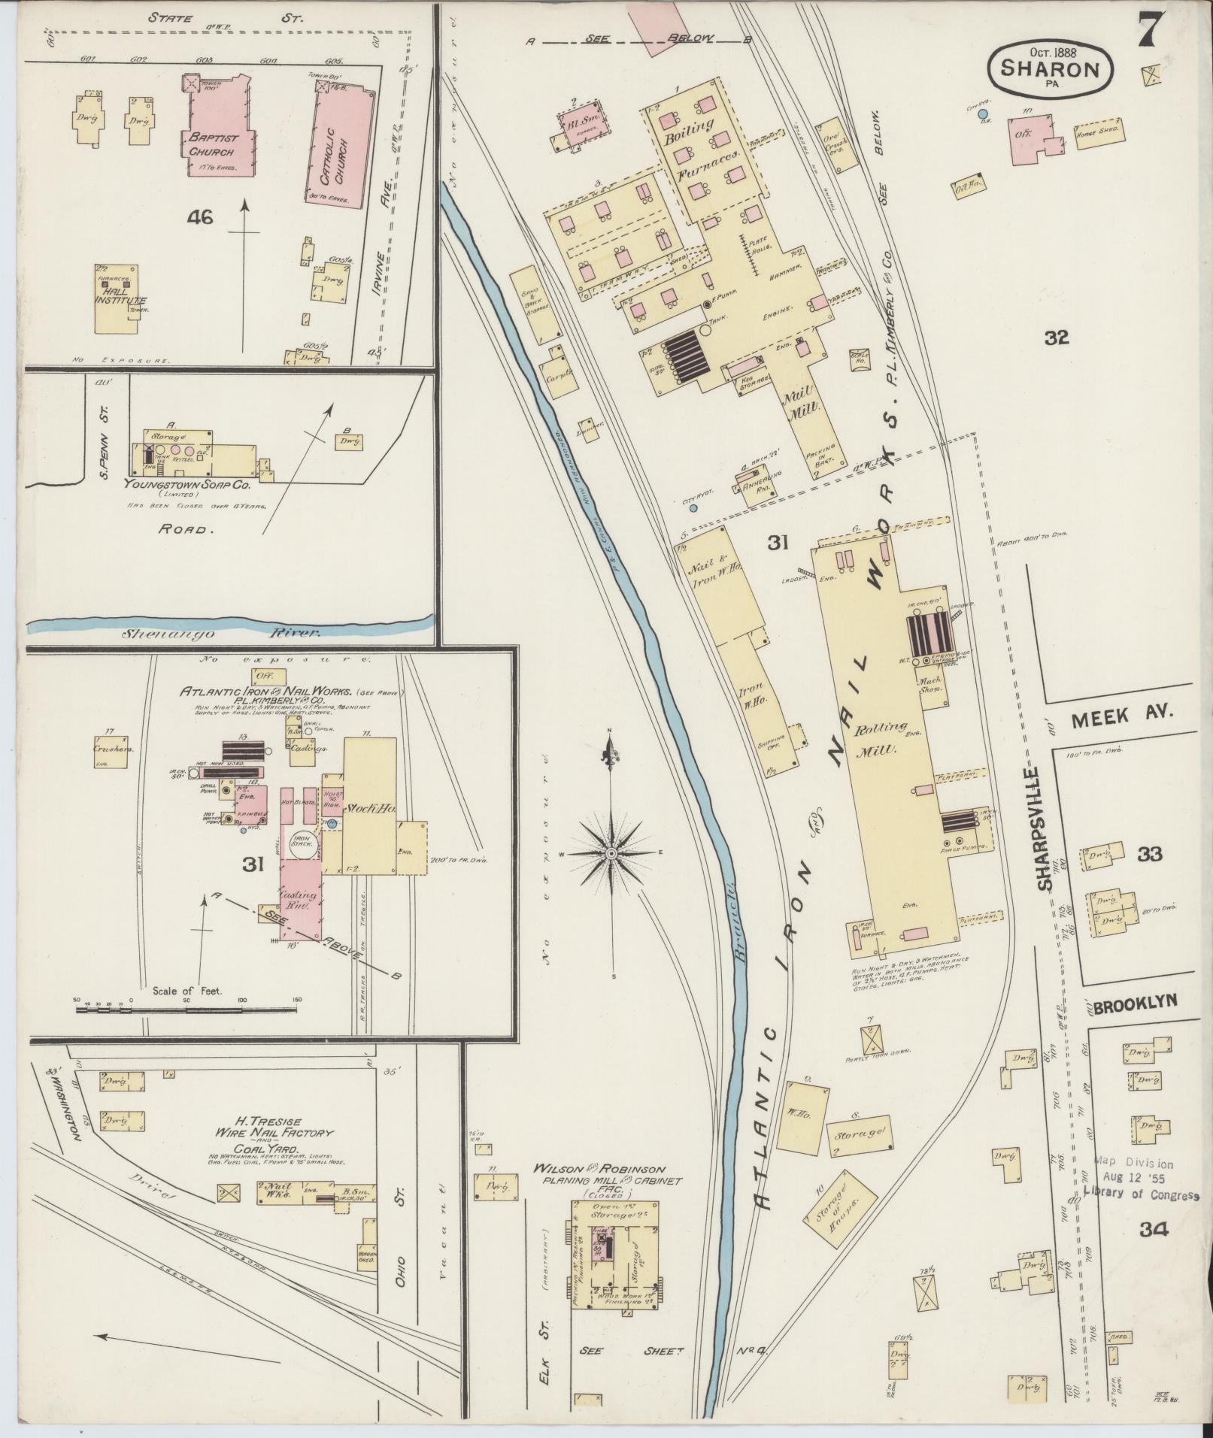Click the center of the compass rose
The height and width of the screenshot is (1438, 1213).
pyautogui.click(x=612, y=855)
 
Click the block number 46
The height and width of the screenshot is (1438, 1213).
pyautogui.click(x=201, y=218)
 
